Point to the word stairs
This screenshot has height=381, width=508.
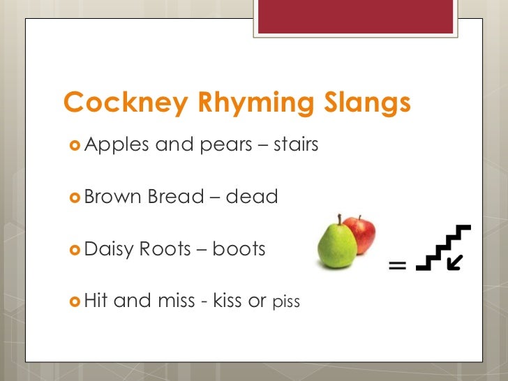(x=296, y=144)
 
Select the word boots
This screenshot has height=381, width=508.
(x=239, y=249)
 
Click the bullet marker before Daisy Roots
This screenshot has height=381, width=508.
(x=73, y=249)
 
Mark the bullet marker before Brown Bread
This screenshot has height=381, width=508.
(x=73, y=197)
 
